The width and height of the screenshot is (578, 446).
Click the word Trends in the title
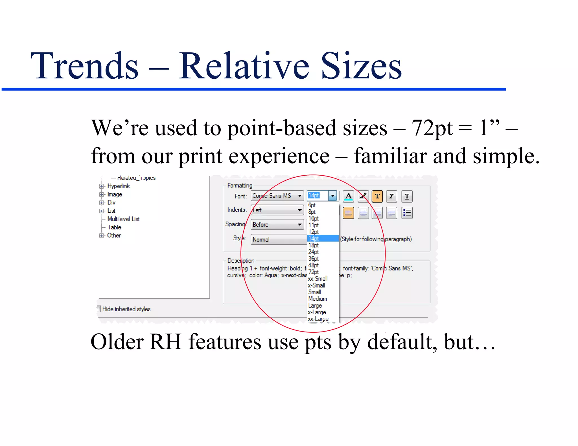[x=85, y=66]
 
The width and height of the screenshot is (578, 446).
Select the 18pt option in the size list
[x=314, y=245]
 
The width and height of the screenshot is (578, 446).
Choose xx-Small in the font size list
[x=318, y=279]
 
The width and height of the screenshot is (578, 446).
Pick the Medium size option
[x=318, y=299]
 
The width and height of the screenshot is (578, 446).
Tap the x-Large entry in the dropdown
[x=317, y=312]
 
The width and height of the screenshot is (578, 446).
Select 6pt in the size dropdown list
[x=312, y=205]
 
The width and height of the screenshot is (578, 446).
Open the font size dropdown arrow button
[x=333, y=196]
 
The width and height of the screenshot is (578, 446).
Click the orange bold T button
[x=377, y=196]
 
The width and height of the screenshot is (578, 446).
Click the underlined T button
[x=407, y=196]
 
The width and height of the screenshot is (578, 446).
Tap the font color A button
[x=349, y=196]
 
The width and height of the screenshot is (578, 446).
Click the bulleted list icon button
[x=407, y=213]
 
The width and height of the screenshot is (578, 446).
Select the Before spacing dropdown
[x=277, y=225]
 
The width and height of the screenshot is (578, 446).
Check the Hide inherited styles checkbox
[x=98, y=309]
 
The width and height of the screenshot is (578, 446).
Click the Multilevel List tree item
[x=123, y=219]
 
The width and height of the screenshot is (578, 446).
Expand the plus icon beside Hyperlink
[x=102, y=186]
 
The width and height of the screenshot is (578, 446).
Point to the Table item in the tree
[x=114, y=227]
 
